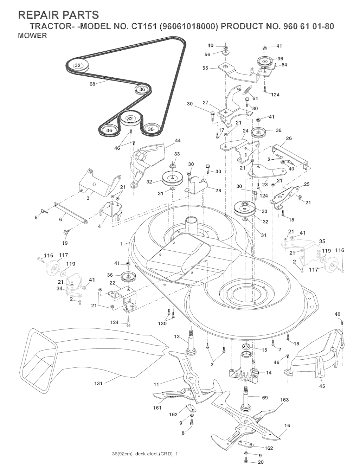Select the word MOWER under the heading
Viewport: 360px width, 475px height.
pos(32,36)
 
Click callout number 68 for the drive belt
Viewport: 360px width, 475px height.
pos(92,84)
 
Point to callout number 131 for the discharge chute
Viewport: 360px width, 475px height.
pos(98,384)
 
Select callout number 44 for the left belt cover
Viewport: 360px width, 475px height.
pos(178,141)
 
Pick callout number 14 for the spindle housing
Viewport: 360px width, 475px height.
pos(269,373)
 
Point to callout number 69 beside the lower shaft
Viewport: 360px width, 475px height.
pos(265,398)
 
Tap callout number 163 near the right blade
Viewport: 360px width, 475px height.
pos(284,400)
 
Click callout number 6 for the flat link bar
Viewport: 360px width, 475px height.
pos(60,219)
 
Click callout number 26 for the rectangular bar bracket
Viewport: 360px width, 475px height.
pos(289,138)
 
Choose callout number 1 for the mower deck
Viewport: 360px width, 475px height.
pos(122,244)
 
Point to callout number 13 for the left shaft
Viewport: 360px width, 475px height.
pos(177,337)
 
